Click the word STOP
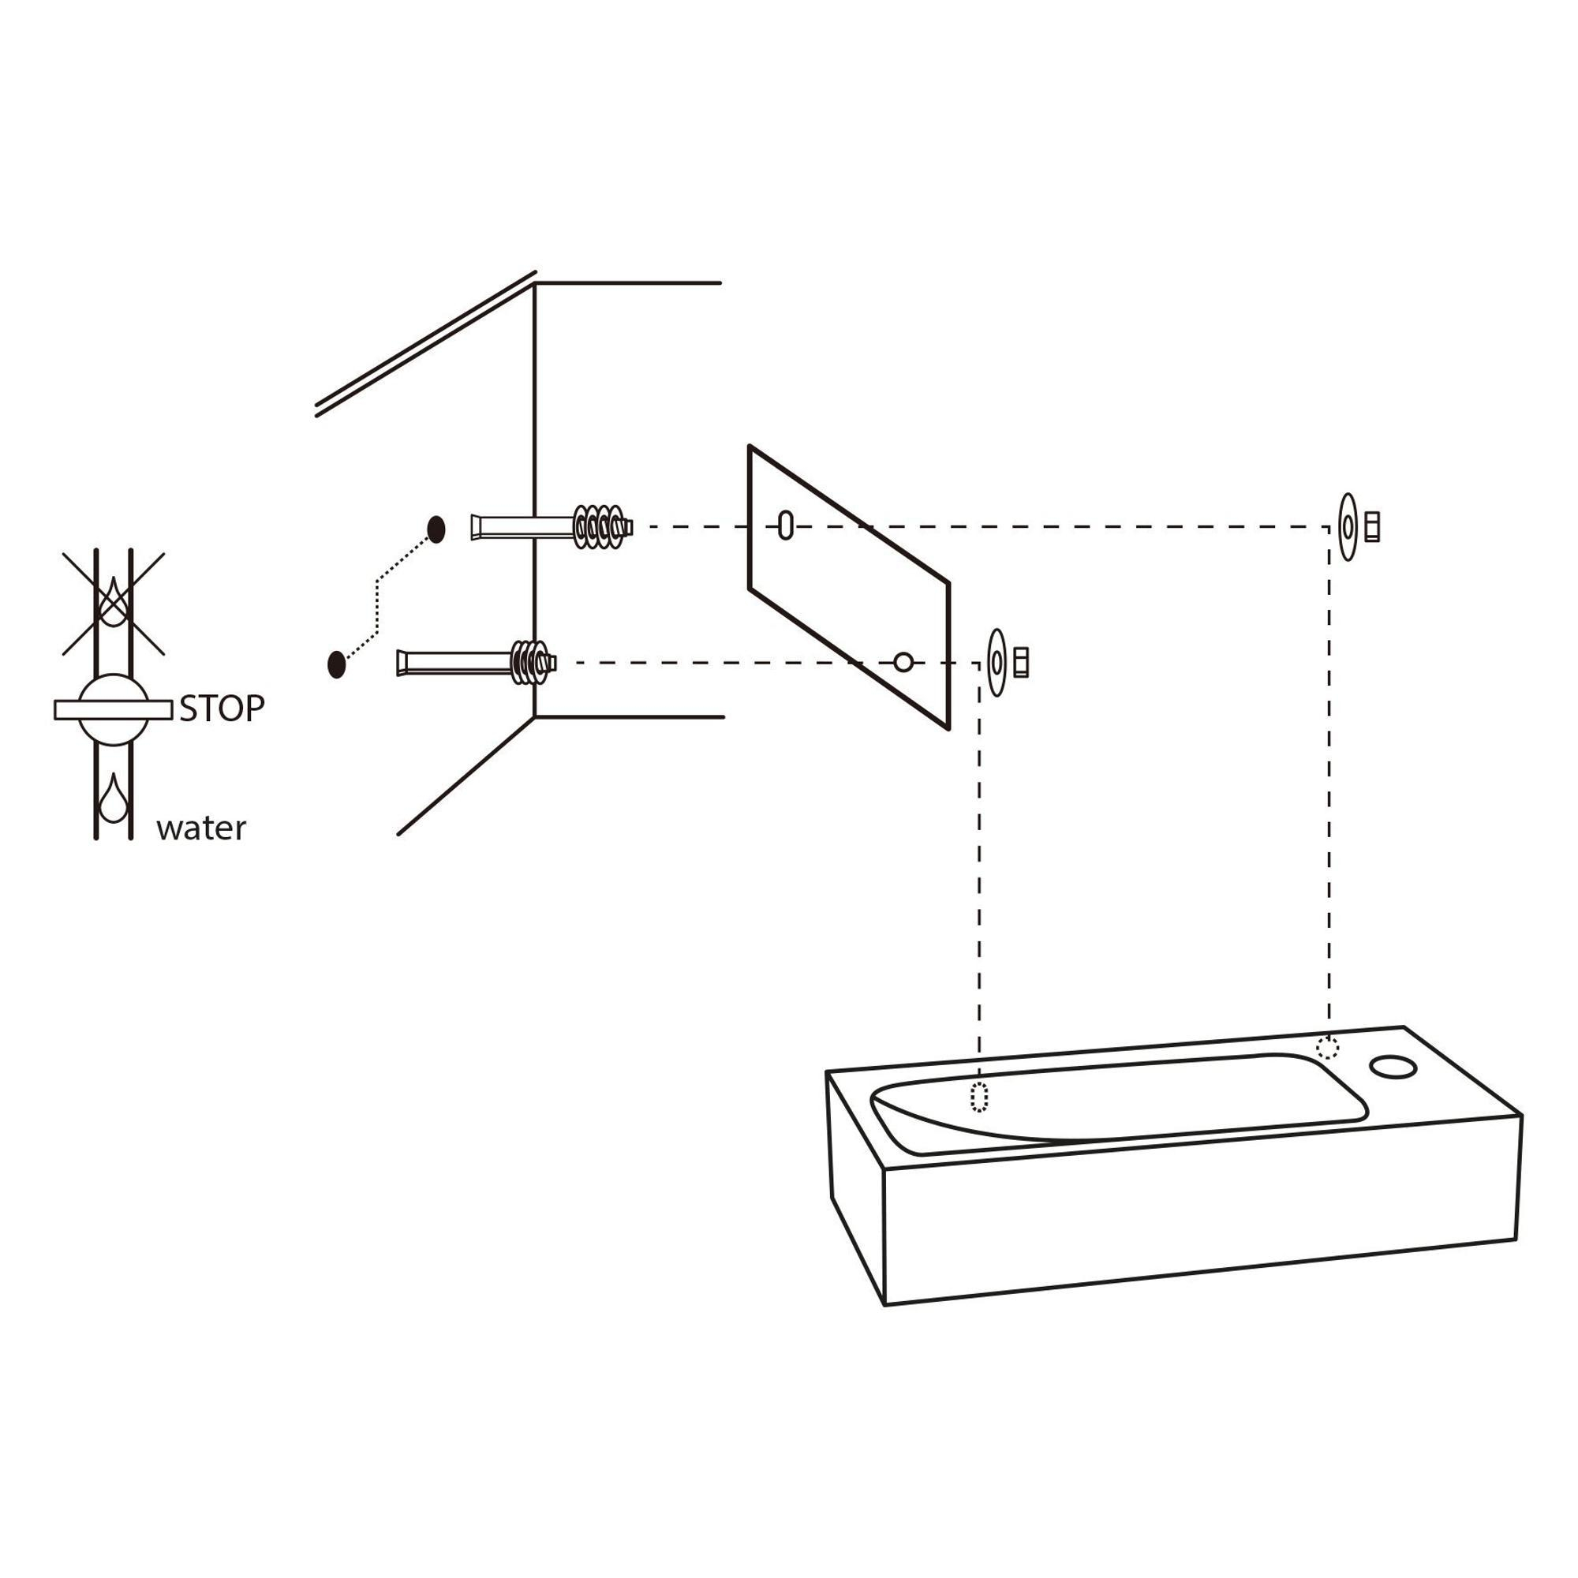tap(222, 709)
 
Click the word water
tap(201, 829)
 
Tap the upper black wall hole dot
tap(436, 529)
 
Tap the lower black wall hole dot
tap(335, 664)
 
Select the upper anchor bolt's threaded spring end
tap(603, 527)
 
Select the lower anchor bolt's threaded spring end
tap(533, 662)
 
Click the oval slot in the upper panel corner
tap(786, 525)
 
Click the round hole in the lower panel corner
tap(903, 662)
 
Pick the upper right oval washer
tap(1348, 527)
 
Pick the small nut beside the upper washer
tap(1372, 527)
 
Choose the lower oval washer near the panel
tap(997, 663)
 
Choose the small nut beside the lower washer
tap(1021, 663)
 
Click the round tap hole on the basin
tap(1393, 1066)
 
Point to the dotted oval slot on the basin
tap(979, 1097)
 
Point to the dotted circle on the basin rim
tap(1328, 1048)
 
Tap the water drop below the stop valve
tap(114, 798)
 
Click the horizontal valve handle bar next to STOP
tap(114, 710)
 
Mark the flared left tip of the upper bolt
tap(474, 527)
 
